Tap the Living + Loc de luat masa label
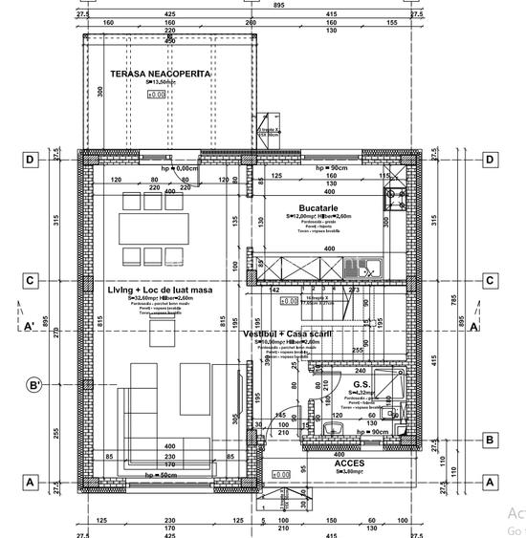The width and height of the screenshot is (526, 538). click(x=159, y=289)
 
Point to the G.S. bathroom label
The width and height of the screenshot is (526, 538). click(x=362, y=383)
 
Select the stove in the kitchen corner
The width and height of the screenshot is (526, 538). click(x=394, y=200)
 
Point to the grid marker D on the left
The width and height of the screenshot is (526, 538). click(x=31, y=160)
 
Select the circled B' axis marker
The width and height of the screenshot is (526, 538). click(x=34, y=386)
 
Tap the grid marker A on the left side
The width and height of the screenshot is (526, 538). click(x=31, y=483)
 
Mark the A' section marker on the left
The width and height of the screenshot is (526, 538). click(x=31, y=326)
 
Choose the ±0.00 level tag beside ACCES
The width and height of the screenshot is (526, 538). click(x=281, y=474)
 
